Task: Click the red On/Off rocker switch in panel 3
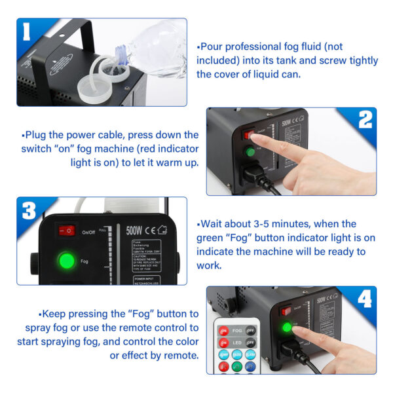(66, 231)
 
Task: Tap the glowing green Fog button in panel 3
(67, 259)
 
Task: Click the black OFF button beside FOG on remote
(250, 331)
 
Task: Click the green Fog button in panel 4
(286, 327)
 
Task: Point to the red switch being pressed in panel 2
(250, 135)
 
